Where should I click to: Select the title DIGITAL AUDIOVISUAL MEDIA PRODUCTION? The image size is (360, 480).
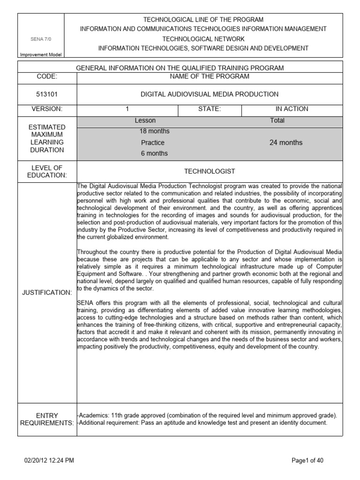tap(210, 94)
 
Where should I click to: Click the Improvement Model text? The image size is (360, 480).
tap(40, 55)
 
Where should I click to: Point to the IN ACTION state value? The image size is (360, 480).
tap(292, 109)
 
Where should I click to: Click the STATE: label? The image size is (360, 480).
tap(210, 109)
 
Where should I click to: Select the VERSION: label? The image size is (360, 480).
tap(46, 109)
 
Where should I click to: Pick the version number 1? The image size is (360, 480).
tap(127, 109)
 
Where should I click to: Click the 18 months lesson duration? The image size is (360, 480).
tap(154, 131)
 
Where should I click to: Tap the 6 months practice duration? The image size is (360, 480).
tap(154, 153)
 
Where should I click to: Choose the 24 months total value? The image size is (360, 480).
tap(286, 142)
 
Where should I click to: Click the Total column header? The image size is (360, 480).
tap(277, 120)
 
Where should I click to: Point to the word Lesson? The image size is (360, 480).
tap(145, 120)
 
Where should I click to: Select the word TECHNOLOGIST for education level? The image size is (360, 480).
tap(210, 172)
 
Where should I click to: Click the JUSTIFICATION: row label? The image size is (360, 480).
tap(46, 292)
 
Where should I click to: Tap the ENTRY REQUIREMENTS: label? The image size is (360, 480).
tap(46, 420)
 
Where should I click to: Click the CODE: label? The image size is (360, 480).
tap(46, 76)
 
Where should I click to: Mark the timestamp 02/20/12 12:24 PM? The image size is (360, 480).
tap(49, 461)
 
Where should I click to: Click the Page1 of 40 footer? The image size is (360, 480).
tap(307, 461)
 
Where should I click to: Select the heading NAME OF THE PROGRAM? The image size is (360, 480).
tap(210, 76)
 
